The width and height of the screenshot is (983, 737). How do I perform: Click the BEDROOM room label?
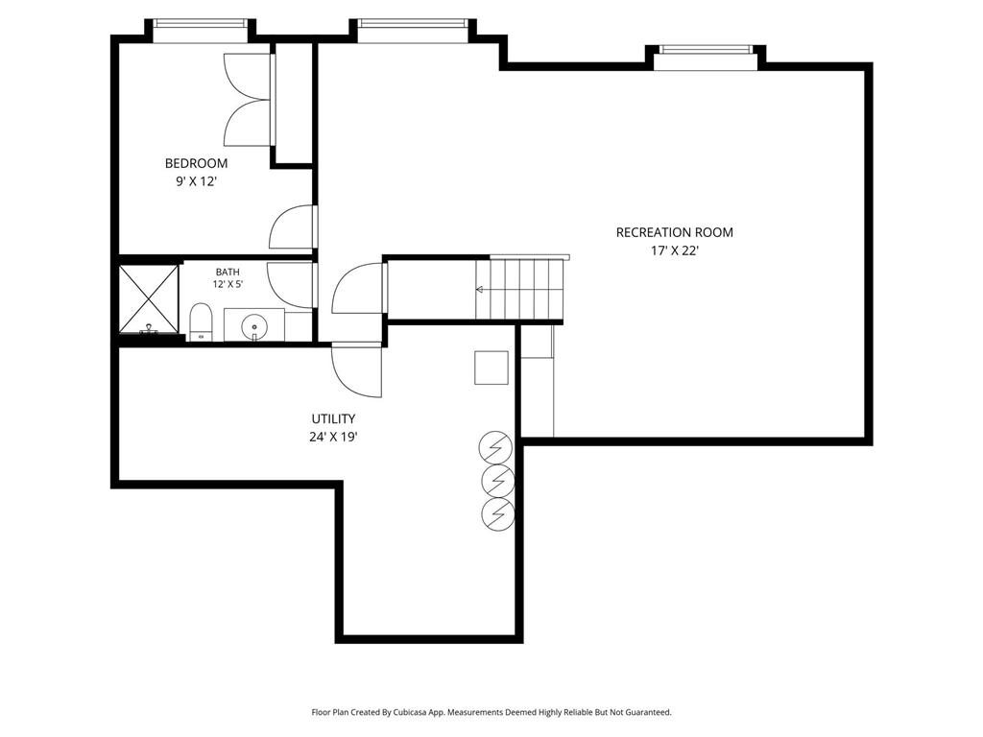[196, 163]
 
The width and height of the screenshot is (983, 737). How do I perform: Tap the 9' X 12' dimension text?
[196, 182]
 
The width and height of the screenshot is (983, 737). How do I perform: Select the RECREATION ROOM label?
[675, 232]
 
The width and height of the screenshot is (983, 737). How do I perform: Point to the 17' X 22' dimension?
[675, 251]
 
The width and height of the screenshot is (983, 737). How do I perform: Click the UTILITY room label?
[333, 418]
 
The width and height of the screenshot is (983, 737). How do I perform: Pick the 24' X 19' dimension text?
[333, 438]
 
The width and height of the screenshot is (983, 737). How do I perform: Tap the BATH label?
[228, 272]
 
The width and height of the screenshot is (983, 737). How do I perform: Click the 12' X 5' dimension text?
[228, 284]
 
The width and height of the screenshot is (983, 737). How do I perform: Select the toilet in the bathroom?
[202, 322]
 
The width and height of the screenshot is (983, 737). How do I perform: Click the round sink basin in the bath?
[254, 326]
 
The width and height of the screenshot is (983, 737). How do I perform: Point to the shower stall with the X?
[149, 299]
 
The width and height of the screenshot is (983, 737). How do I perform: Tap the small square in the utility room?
[491, 368]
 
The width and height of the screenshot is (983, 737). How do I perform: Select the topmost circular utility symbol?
[496, 447]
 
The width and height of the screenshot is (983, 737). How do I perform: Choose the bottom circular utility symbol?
[498, 514]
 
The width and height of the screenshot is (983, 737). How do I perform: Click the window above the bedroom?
[201, 24]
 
